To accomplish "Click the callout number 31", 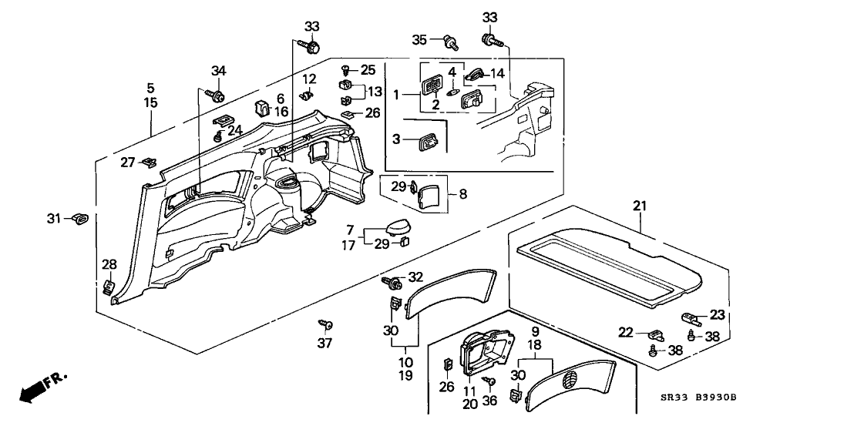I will tap(53, 218).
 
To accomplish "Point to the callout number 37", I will tap(324, 341).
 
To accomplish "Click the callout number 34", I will tap(219, 72).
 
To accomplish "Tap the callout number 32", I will tap(415, 277).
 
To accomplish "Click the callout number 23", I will tap(718, 314).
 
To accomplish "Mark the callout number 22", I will tap(627, 333).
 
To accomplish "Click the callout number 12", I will tap(309, 79).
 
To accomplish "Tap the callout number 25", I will tap(368, 69).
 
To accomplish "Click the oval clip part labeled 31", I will tap(80, 219).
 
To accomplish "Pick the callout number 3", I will tap(397, 139).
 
